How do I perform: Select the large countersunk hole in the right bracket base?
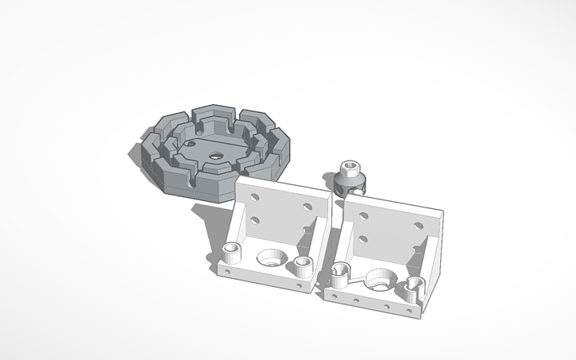tap(378, 280)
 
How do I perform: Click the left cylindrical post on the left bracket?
tap(233, 254)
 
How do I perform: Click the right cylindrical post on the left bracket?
tap(303, 265)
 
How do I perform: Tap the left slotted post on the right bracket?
tap(339, 274)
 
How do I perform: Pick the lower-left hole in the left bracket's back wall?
tap(255, 219)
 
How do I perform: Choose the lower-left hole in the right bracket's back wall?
tap(362, 238)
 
